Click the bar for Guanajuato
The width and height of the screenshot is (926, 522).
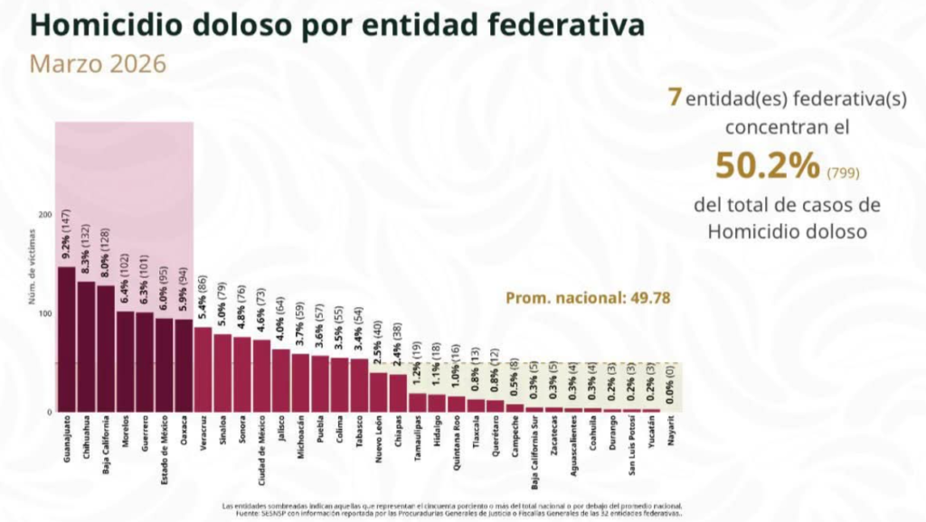pyautogui.click(x=66, y=340)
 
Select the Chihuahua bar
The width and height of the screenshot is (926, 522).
pyautogui.click(x=86, y=347)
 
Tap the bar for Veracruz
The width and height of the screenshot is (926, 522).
pyautogui.click(x=203, y=369)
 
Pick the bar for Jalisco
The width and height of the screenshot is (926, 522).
pyautogui.click(x=281, y=380)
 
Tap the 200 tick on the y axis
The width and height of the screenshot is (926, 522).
pyautogui.click(x=45, y=215)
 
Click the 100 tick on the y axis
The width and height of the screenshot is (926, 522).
pyautogui.click(x=45, y=313)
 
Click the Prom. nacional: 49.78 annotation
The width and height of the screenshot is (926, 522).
pyautogui.click(x=587, y=297)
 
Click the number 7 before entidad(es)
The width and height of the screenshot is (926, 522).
pyautogui.click(x=674, y=97)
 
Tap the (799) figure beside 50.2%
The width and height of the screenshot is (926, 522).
pyautogui.click(x=841, y=171)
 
